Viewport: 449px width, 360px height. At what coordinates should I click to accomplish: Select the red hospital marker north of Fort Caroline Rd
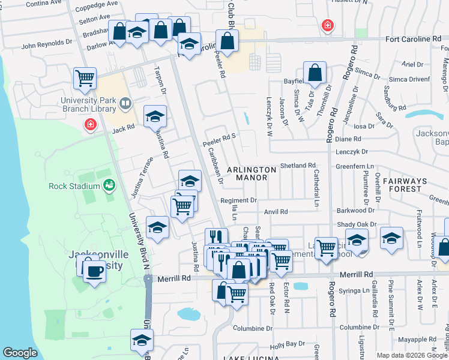coord(327,25)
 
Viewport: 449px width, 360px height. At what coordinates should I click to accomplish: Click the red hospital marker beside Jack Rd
coord(90,124)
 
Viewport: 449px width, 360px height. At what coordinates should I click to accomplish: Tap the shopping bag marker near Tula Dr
coord(315,73)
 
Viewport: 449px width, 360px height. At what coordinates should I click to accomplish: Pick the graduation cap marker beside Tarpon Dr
coord(155,115)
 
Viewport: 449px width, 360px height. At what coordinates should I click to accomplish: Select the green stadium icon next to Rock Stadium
coord(109,185)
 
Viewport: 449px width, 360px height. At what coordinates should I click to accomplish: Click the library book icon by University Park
coord(125,104)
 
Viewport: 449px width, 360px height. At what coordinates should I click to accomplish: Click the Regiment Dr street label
coord(238,200)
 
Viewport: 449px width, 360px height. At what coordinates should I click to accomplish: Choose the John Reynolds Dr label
coord(46,44)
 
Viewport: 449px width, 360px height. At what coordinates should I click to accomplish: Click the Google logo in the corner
coord(20,353)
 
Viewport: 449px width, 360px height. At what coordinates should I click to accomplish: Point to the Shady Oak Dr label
coord(357,224)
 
